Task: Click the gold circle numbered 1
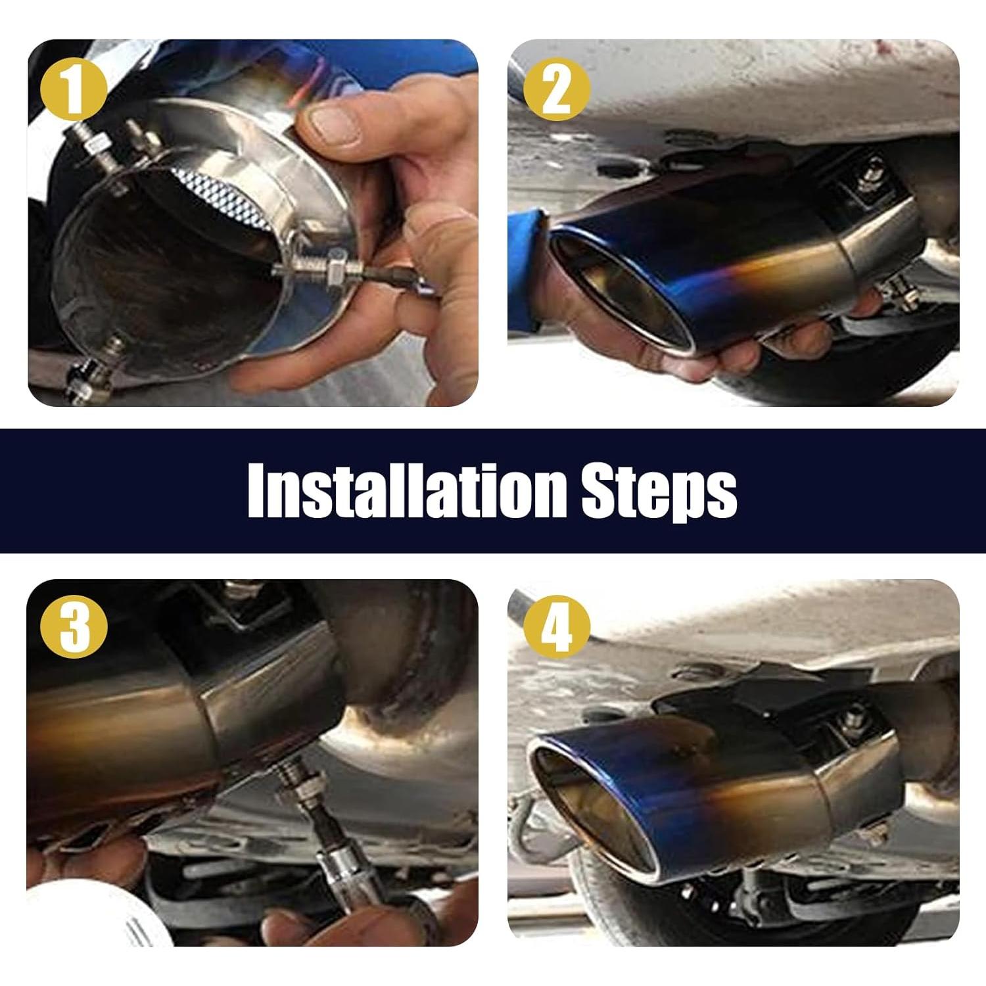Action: pos(74,89)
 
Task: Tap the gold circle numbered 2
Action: pos(556,89)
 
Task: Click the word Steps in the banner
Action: pos(659,492)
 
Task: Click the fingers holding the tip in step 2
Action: pos(736,348)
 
